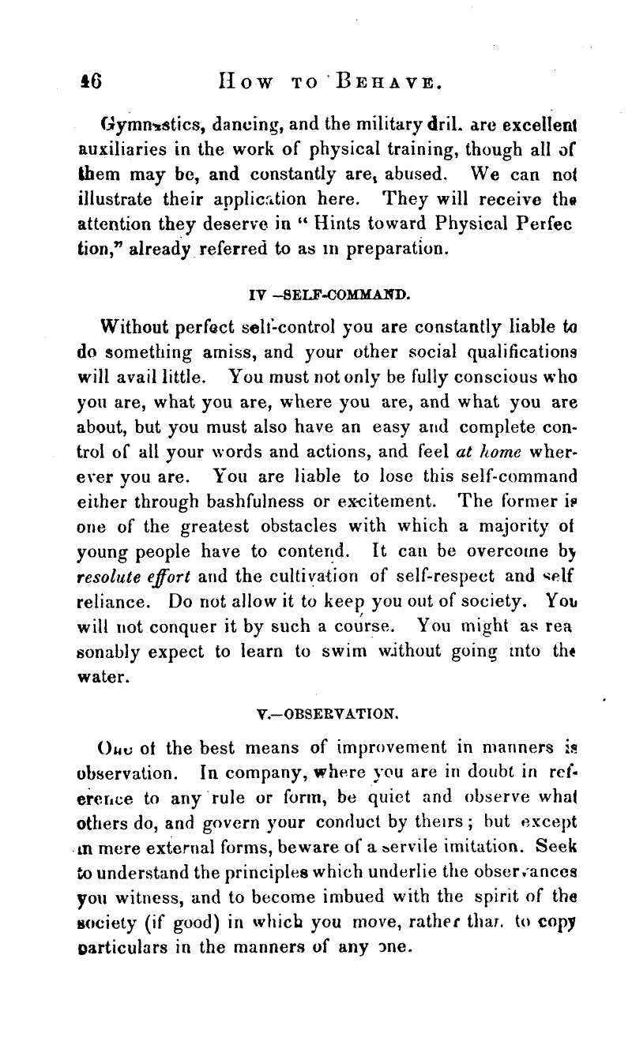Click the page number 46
point(103,81)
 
